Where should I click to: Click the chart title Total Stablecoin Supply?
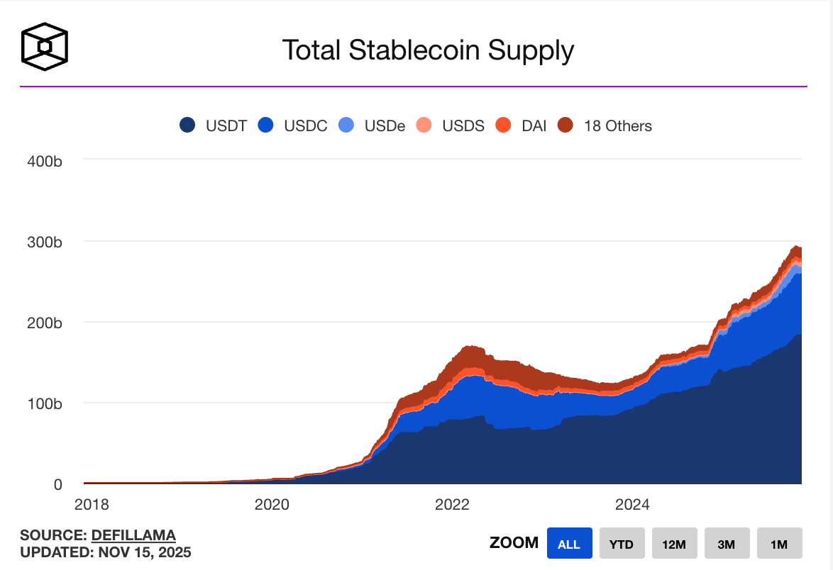click(x=427, y=50)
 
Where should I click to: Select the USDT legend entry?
click(x=212, y=125)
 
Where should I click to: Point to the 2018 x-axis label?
click(x=92, y=504)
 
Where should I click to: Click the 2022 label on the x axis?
click(x=452, y=504)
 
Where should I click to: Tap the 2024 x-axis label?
click(x=632, y=504)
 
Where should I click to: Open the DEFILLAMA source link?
click(x=133, y=535)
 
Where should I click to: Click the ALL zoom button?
click(x=569, y=544)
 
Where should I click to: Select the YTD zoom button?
click(x=622, y=544)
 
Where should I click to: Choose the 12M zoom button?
click(x=674, y=544)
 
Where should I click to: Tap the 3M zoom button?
click(x=727, y=544)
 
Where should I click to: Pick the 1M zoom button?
click(x=779, y=544)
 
